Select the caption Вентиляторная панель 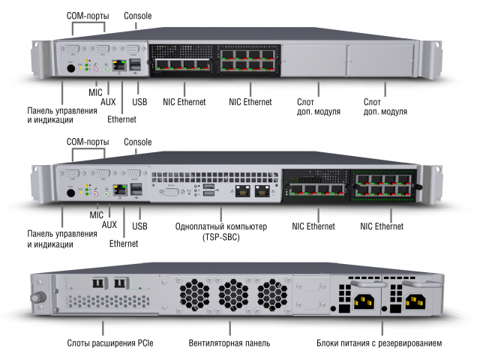[229, 343]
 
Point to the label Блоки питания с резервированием [379, 343]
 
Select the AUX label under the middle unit [108, 224]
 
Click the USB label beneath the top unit [139, 100]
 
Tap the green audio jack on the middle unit [106, 192]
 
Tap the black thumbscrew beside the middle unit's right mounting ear [421, 184]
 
